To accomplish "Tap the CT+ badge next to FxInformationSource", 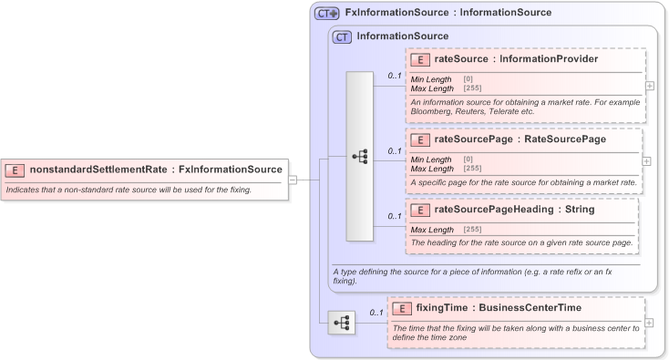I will click(x=327, y=14).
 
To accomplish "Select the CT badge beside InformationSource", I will click(x=343, y=36).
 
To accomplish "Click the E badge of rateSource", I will click(x=421, y=60).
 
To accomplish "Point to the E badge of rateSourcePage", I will click(x=421, y=139).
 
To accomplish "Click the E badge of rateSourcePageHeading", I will click(x=421, y=210).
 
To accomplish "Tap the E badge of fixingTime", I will click(x=402, y=308).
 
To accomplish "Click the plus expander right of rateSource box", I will click(x=648, y=86).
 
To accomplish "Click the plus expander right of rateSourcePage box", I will click(x=646, y=160).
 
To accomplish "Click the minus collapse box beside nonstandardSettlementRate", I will click(x=293, y=180).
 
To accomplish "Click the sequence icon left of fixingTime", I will click(x=341, y=322).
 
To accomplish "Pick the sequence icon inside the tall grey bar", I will click(x=360, y=156).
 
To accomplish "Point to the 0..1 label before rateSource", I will click(x=395, y=76).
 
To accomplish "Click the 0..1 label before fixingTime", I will click(x=376, y=313).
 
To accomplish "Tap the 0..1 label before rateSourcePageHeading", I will click(x=395, y=216).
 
